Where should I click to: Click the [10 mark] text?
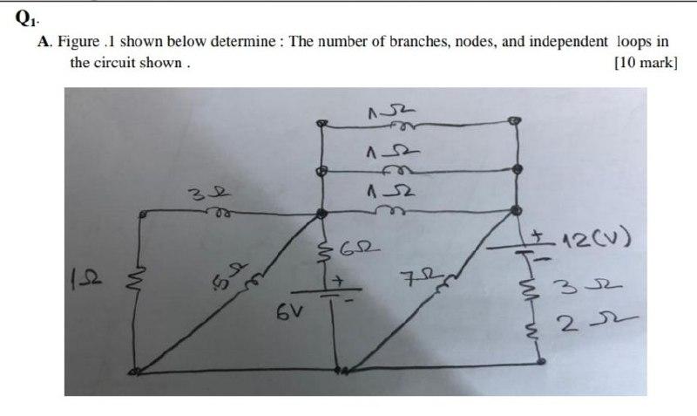(645, 63)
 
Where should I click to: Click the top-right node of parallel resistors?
(516, 122)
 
